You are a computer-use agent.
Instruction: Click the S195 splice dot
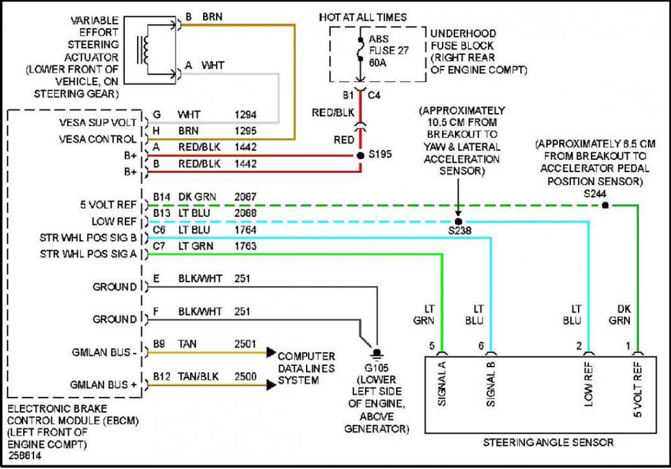[x=361, y=155]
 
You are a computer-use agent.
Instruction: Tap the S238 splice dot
[x=457, y=221]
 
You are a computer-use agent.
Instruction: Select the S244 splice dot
[x=605, y=205]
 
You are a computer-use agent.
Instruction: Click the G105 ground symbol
[x=376, y=353]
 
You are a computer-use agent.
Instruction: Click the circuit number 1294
[x=246, y=115]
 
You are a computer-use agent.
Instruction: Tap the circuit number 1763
[x=246, y=246]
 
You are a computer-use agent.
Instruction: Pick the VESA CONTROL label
[x=97, y=139]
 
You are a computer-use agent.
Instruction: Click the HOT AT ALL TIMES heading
[x=363, y=17]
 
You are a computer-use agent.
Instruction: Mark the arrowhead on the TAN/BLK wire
[x=271, y=385]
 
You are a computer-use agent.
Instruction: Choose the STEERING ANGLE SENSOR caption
[x=548, y=442]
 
